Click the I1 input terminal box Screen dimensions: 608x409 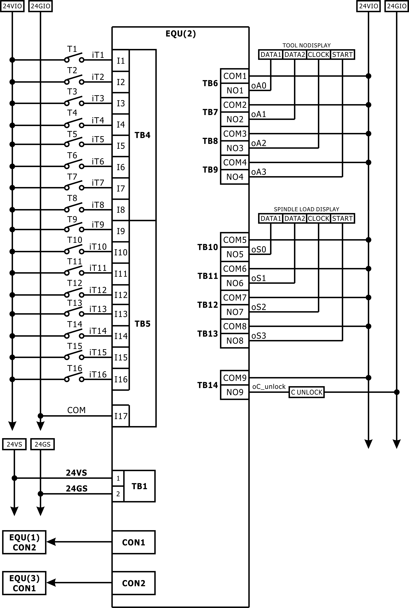(x=121, y=60)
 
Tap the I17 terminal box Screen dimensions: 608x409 (x=121, y=416)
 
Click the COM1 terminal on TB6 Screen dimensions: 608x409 (x=235, y=76)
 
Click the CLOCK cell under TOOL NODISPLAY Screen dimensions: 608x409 (x=318, y=55)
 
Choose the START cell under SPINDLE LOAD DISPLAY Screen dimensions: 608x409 (x=342, y=218)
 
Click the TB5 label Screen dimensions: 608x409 (x=142, y=324)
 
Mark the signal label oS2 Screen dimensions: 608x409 (x=258, y=307)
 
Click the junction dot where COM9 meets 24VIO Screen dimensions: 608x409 (x=368, y=378)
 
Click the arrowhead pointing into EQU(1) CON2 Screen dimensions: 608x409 (x=51, y=542)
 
